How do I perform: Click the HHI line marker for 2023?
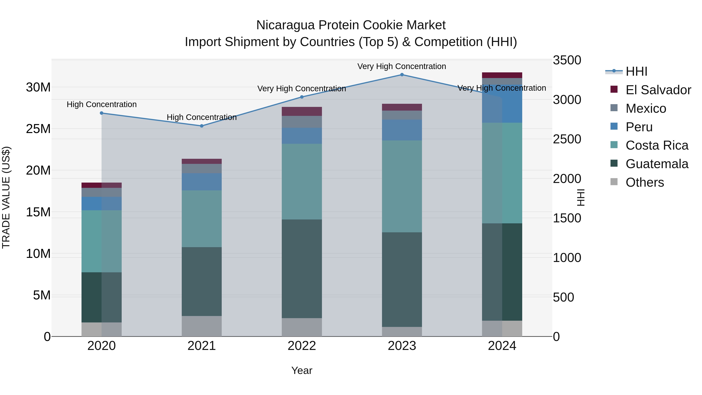coord(402,75)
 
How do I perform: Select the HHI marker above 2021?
coord(202,126)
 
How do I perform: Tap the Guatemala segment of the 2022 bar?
coord(302,269)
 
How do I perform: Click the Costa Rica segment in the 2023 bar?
coord(402,186)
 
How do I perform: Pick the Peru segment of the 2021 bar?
coord(202,182)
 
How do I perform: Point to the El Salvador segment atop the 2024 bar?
coord(502,75)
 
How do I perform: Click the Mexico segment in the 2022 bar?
coord(302,122)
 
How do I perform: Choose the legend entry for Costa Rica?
coord(657,146)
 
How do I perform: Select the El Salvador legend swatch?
coord(614,89)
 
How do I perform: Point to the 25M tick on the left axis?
coord(38,129)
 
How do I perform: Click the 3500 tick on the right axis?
coord(567,60)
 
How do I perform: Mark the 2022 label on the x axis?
coord(302,346)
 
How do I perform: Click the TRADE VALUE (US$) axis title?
coord(6,197)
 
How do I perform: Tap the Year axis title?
coord(302,370)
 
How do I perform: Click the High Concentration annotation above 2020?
coord(102,104)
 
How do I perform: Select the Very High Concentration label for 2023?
coord(402,66)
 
